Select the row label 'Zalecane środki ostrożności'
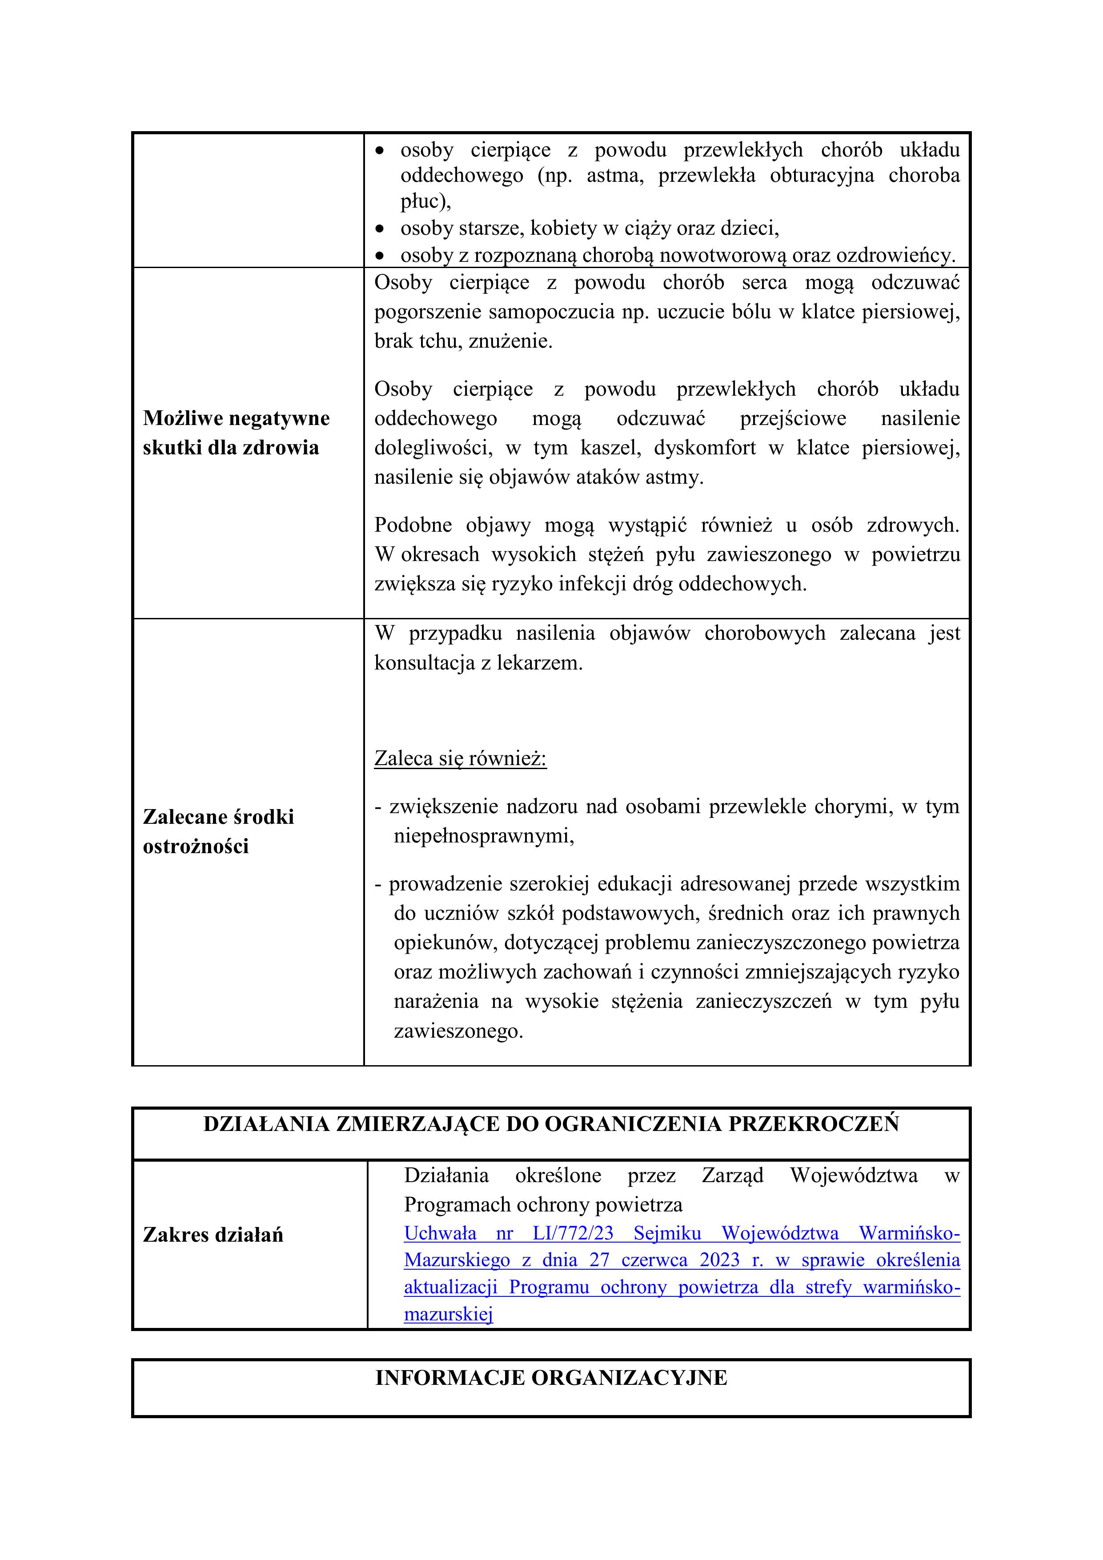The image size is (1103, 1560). tap(218, 831)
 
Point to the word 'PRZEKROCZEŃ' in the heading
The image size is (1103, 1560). tap(814, 1124)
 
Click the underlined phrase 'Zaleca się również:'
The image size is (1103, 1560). tap(460, 758)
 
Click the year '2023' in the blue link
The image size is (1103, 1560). tap(719, 1259)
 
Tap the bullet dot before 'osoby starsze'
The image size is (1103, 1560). tap(381, 229)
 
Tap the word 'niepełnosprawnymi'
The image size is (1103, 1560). tap(483, 836)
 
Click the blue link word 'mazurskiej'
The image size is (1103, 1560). tap(448, 1314)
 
